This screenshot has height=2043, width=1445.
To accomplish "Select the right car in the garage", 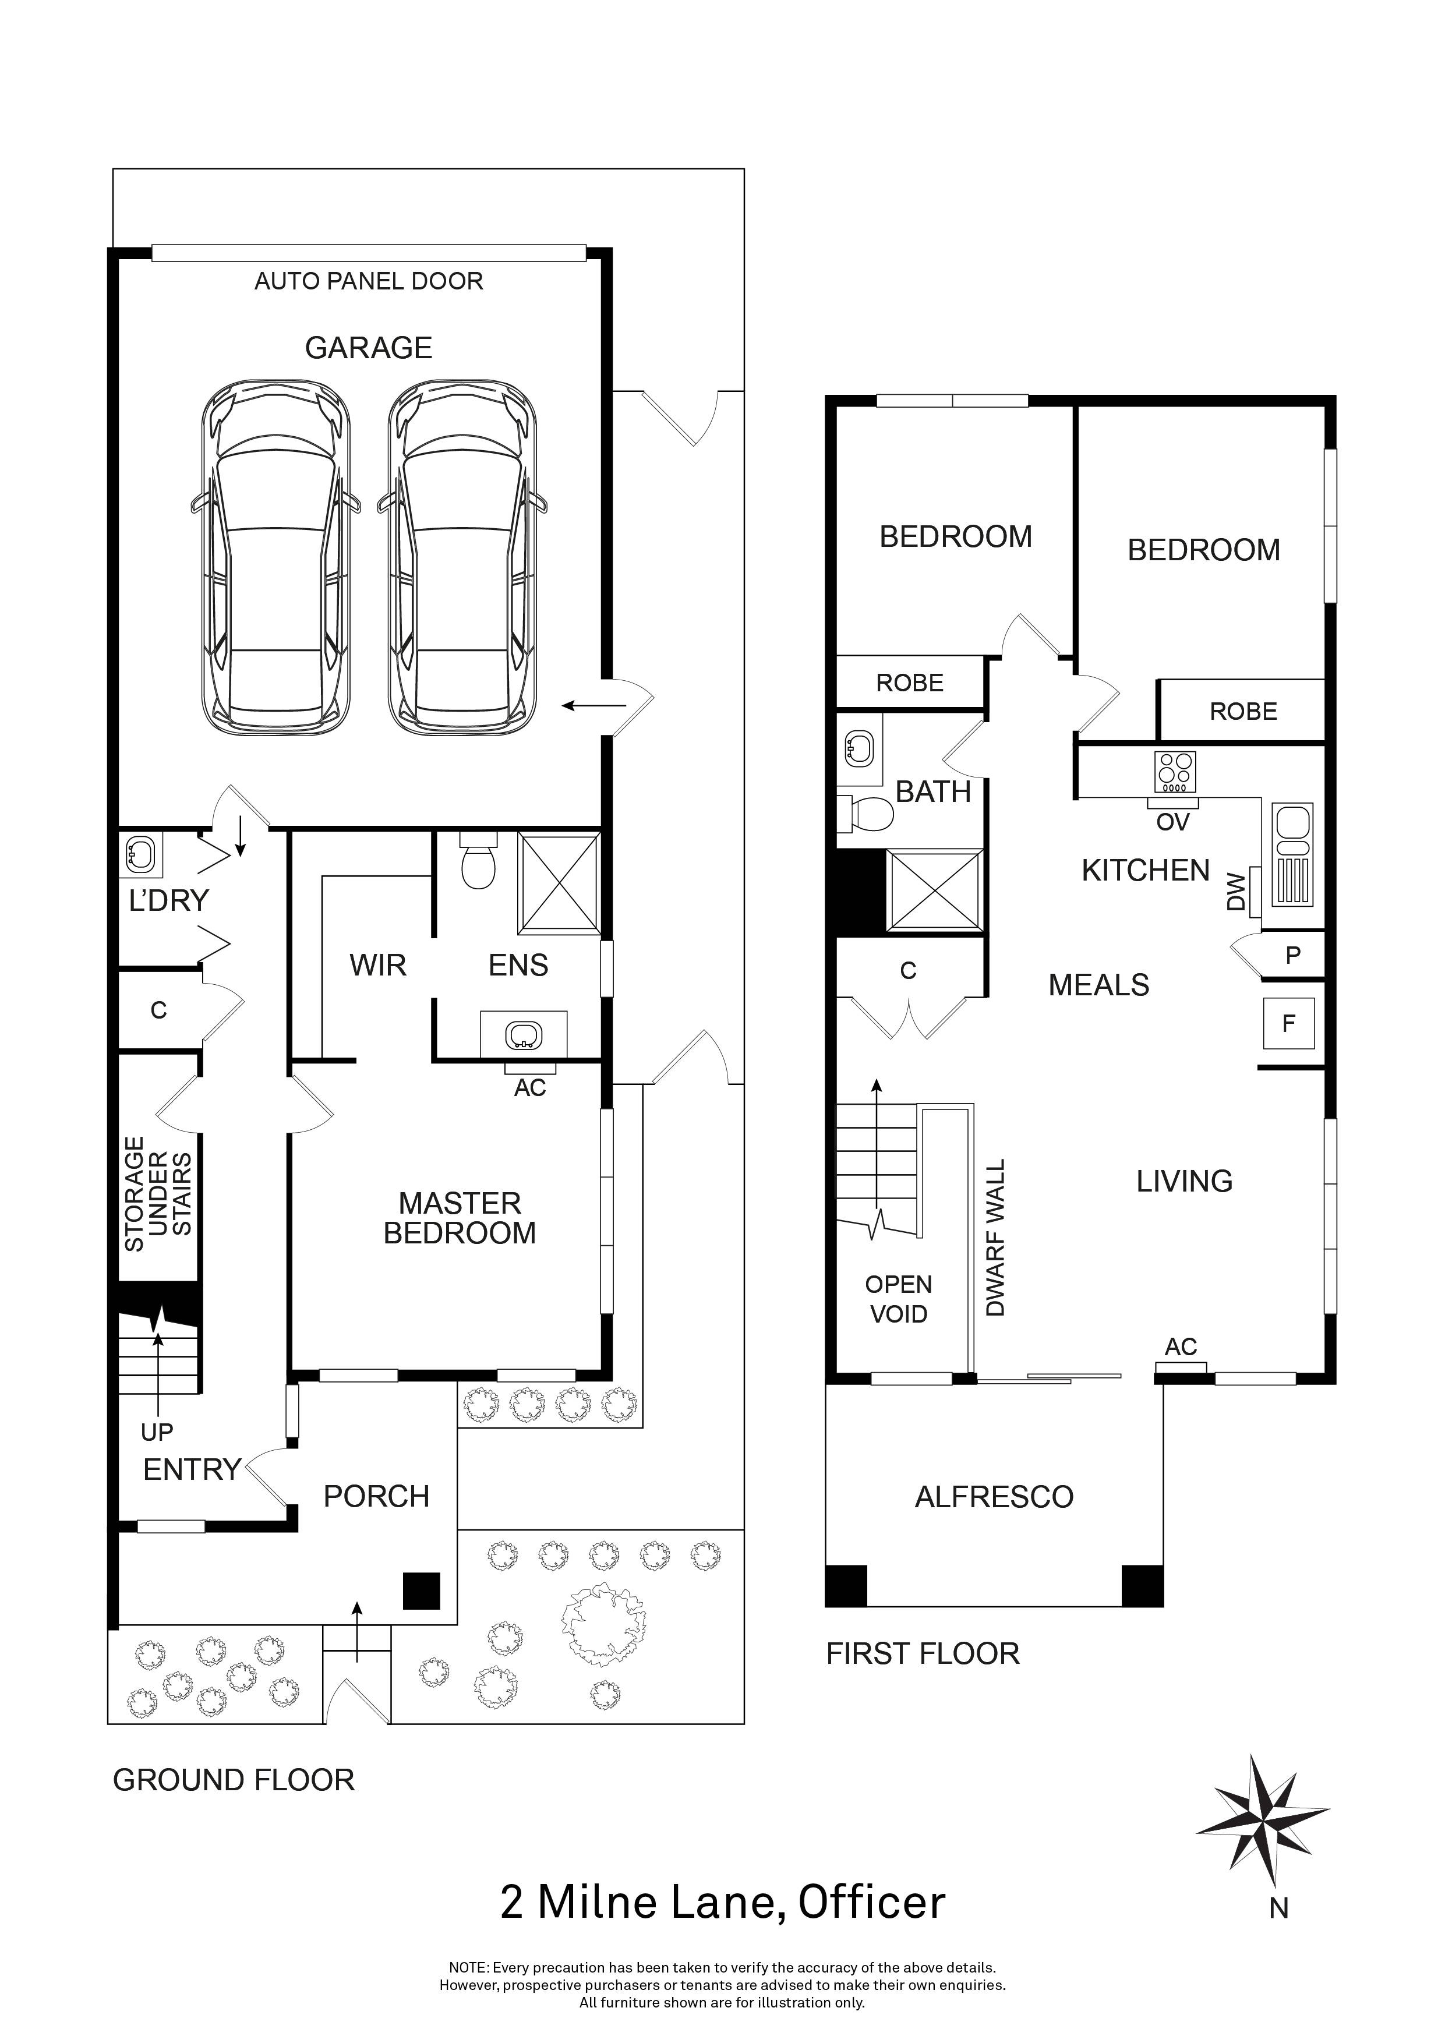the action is coord(462,558).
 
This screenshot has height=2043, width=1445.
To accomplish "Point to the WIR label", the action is coord(378,966).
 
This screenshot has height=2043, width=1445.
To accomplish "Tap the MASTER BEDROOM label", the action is coord(460,1218).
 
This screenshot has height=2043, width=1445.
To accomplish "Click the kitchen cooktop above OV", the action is coord(1175,772).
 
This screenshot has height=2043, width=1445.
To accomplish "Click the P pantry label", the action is coord(1293,956).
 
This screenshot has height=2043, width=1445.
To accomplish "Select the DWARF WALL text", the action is coord(996,1238).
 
